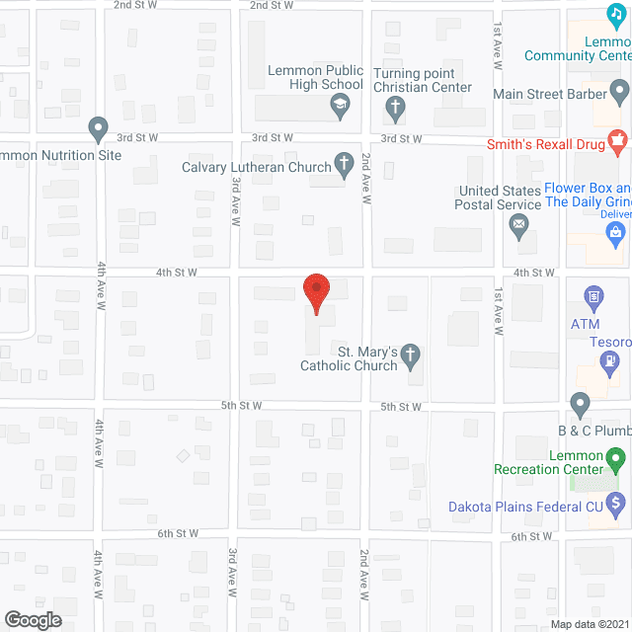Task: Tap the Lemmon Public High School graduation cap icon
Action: [x=341, y=106]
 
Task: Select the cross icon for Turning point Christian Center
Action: [x=394, y=106]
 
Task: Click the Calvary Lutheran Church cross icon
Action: [x=345, y=164]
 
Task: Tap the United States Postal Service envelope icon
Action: [x=518, y=227]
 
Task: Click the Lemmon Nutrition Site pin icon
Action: [x=98, y=128]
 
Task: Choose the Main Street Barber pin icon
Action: [x=619, y=94]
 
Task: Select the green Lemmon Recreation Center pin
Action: [x=616, y=459]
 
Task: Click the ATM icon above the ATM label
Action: [x=593, y=295]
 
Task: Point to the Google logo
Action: [x=33, y=619]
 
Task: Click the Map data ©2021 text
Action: [x=589, y=623]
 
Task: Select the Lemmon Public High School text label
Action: [x=316, y=78]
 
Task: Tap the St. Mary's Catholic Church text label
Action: [x=351, y=358]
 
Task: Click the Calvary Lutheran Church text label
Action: [x=257, y=167]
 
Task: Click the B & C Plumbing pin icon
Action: [x=581, y=403]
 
